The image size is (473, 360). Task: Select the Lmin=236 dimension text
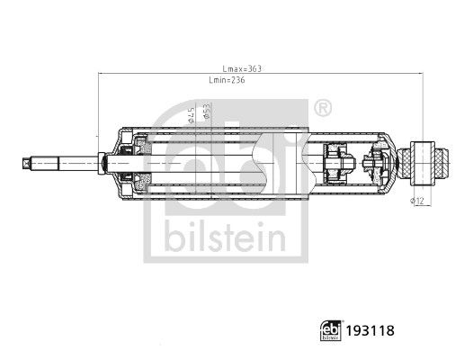click(226, 81)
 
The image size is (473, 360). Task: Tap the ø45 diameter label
click(192, 114)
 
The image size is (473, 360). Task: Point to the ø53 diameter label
click(206, 111)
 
